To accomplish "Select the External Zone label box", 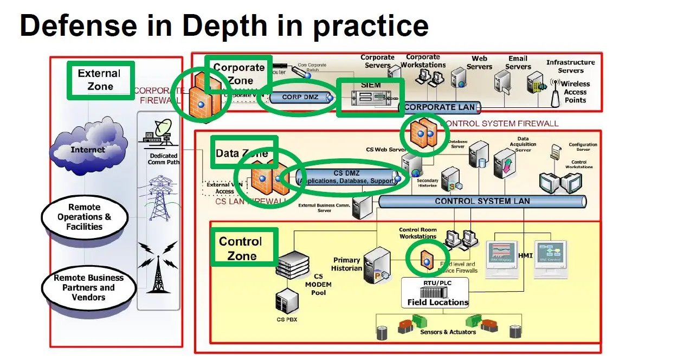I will coord(100,80).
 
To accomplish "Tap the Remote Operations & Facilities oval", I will coord(84,217).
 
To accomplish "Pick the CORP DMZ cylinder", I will coord(300,98).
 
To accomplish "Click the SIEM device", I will coord(370,98).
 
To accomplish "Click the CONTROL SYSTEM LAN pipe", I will coord(482,201).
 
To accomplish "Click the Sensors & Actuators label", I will coord(448,332).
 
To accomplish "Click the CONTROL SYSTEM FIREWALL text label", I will coord(500,124).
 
